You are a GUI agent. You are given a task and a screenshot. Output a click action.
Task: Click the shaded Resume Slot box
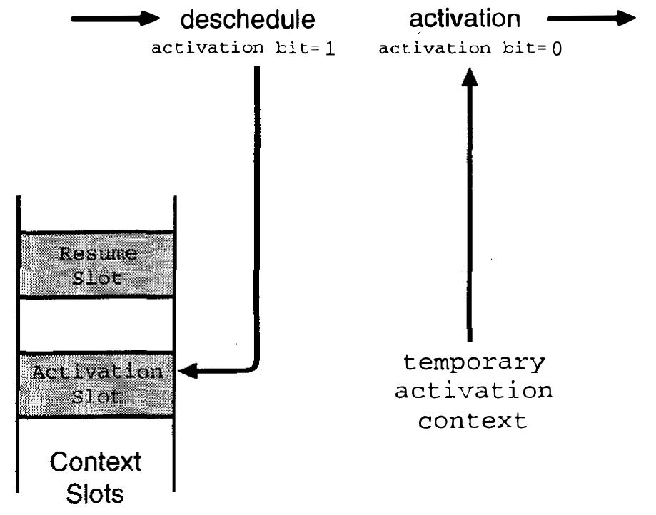click(x=97, y=265)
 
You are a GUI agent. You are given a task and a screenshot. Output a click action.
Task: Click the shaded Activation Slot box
click(x=97, y=384)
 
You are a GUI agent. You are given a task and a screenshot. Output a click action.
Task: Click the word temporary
click(x=473, y=363)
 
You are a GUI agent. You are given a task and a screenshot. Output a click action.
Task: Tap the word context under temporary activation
click(x=473, y=420)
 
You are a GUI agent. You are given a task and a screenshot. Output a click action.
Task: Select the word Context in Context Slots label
click(x=96, y=462)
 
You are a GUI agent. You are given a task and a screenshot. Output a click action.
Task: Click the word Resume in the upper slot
click(x=98, y=253)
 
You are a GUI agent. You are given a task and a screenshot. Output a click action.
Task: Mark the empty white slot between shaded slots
click(x=97, y=325)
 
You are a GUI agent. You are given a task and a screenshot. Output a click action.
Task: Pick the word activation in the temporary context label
click(x=473, y=392)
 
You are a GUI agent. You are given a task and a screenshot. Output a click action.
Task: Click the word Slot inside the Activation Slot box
click(x=98, y=397)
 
